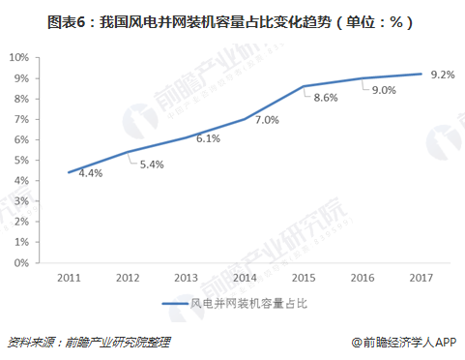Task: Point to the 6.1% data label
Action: point(207,138)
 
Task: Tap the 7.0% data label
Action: point(266,120)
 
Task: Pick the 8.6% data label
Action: point(327,97)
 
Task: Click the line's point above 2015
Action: point(304,87)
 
